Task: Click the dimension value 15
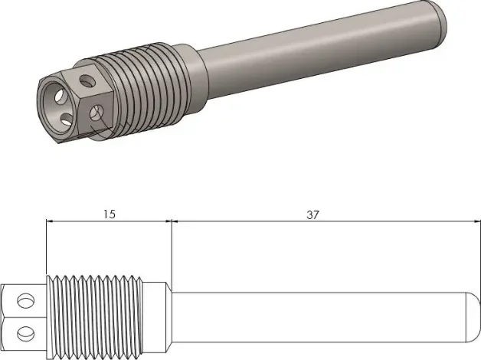pyautogui.click(x=110, y=214)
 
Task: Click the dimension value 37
pyautogui.click(x=312, y=214)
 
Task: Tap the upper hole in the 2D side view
pyautogui.click(x=26, y=300)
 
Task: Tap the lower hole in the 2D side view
pyautogui.click(x=26, y=333)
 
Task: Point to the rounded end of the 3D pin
pyautogui.click(x=438, y=18)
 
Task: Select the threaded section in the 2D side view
pyautogui.click(x=94, y=317)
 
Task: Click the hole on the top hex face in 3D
pyautogui.click(x=87, y=80)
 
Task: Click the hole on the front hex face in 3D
pyautogui.click(x=97, y=113)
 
